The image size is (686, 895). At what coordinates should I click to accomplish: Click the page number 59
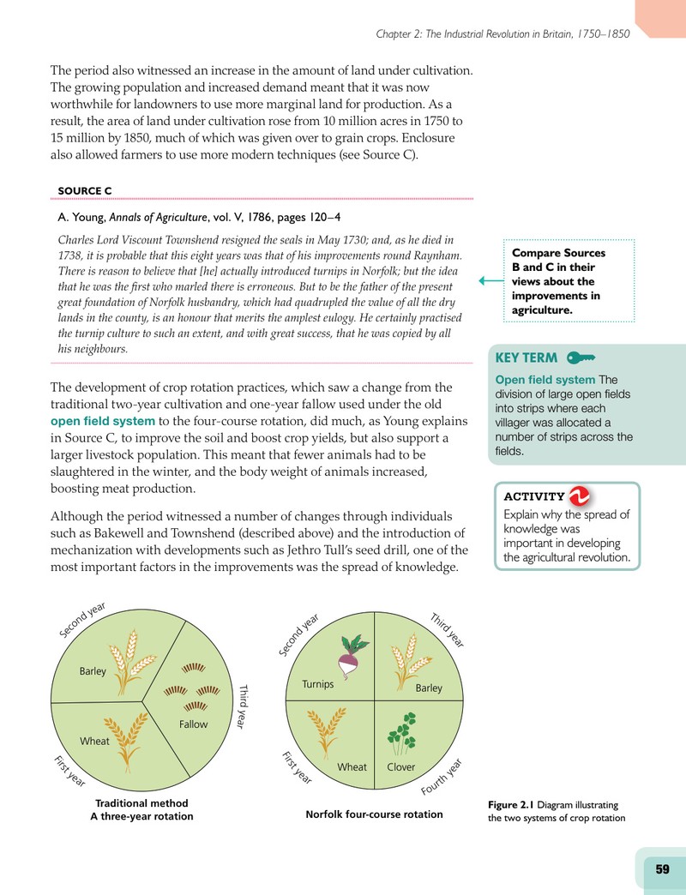click(662, 868)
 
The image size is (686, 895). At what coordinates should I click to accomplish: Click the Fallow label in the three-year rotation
click(194, 724)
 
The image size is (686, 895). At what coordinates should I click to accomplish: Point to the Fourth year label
click(441, 777)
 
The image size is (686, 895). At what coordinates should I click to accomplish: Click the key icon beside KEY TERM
click(581, 357)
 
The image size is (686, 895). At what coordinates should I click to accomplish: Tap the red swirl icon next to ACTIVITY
click(580, 496)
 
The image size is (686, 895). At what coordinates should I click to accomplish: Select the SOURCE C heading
click(85, 190)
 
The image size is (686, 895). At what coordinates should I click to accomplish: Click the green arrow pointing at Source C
click(490, 281)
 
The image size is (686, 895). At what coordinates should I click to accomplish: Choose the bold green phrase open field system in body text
click(103, 421)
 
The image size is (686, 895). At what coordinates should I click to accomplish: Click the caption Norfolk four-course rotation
click(375, 814)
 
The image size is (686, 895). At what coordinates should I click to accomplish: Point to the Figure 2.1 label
click(510, 805)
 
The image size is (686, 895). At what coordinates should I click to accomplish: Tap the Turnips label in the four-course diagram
click(318, 684)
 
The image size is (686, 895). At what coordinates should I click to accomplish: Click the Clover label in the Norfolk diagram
click(401, 766)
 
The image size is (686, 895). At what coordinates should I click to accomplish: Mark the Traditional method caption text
click(141, 803)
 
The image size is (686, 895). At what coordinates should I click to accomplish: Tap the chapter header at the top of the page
click(502, 34)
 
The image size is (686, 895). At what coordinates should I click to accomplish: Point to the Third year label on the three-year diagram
click(244, 706)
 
